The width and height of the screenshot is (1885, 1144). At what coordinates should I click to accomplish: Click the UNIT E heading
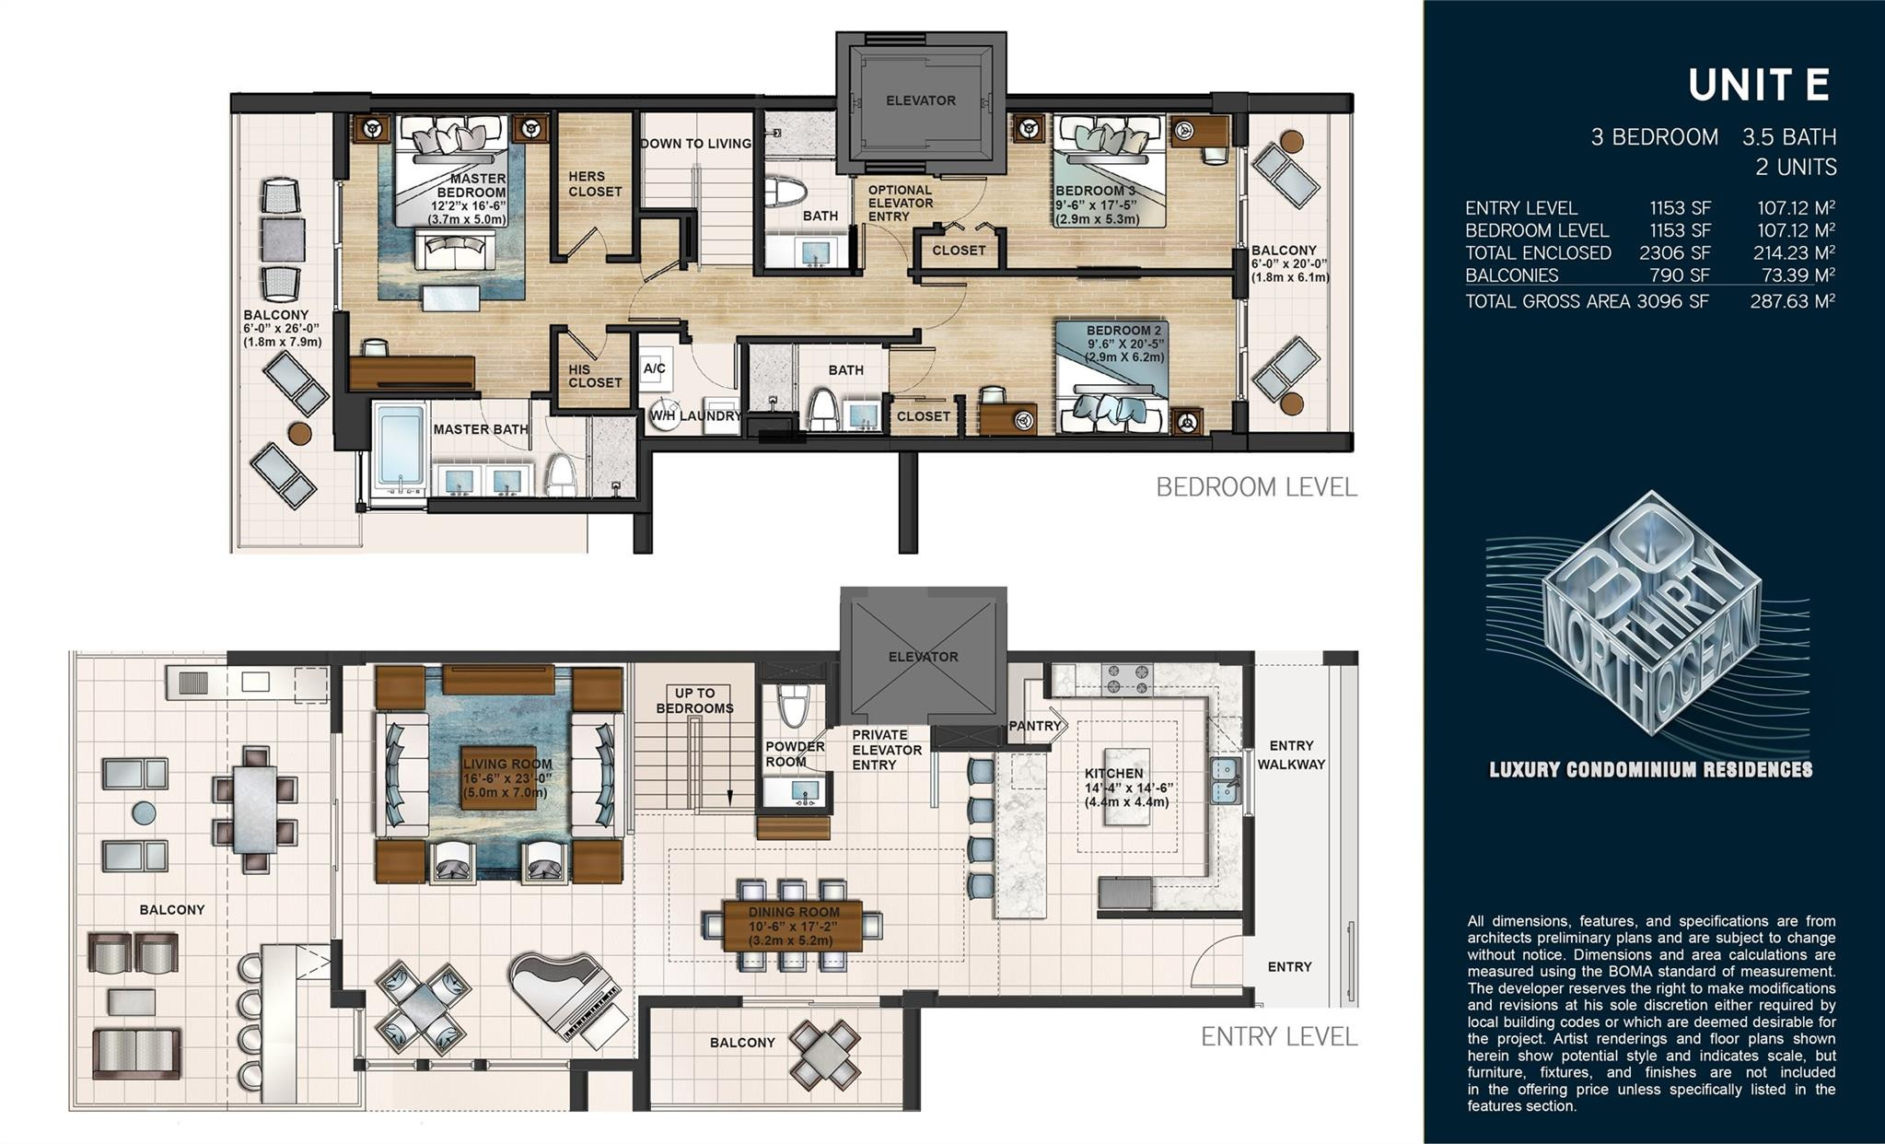point(1758,86)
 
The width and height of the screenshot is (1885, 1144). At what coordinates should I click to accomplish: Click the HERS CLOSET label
point(594,183)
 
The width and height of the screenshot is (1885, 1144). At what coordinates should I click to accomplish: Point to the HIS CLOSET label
point(594,375)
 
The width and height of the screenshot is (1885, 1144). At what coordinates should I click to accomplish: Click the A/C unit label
point(654,368)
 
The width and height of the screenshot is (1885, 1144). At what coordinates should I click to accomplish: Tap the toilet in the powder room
point(792,706)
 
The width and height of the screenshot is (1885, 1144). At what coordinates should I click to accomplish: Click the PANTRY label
point(1034,726)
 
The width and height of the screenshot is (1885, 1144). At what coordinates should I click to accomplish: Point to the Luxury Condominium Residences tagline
point(1650,770)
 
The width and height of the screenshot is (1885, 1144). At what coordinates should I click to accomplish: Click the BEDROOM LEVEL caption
point(1256,487)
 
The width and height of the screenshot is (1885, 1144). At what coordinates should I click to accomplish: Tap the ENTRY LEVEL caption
point(1278,1037)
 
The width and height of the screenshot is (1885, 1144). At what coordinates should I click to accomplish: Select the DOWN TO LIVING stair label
point(695,144)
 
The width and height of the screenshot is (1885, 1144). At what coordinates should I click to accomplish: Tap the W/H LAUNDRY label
point(695,415)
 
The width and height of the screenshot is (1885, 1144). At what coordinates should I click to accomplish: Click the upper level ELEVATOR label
point(920,100)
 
